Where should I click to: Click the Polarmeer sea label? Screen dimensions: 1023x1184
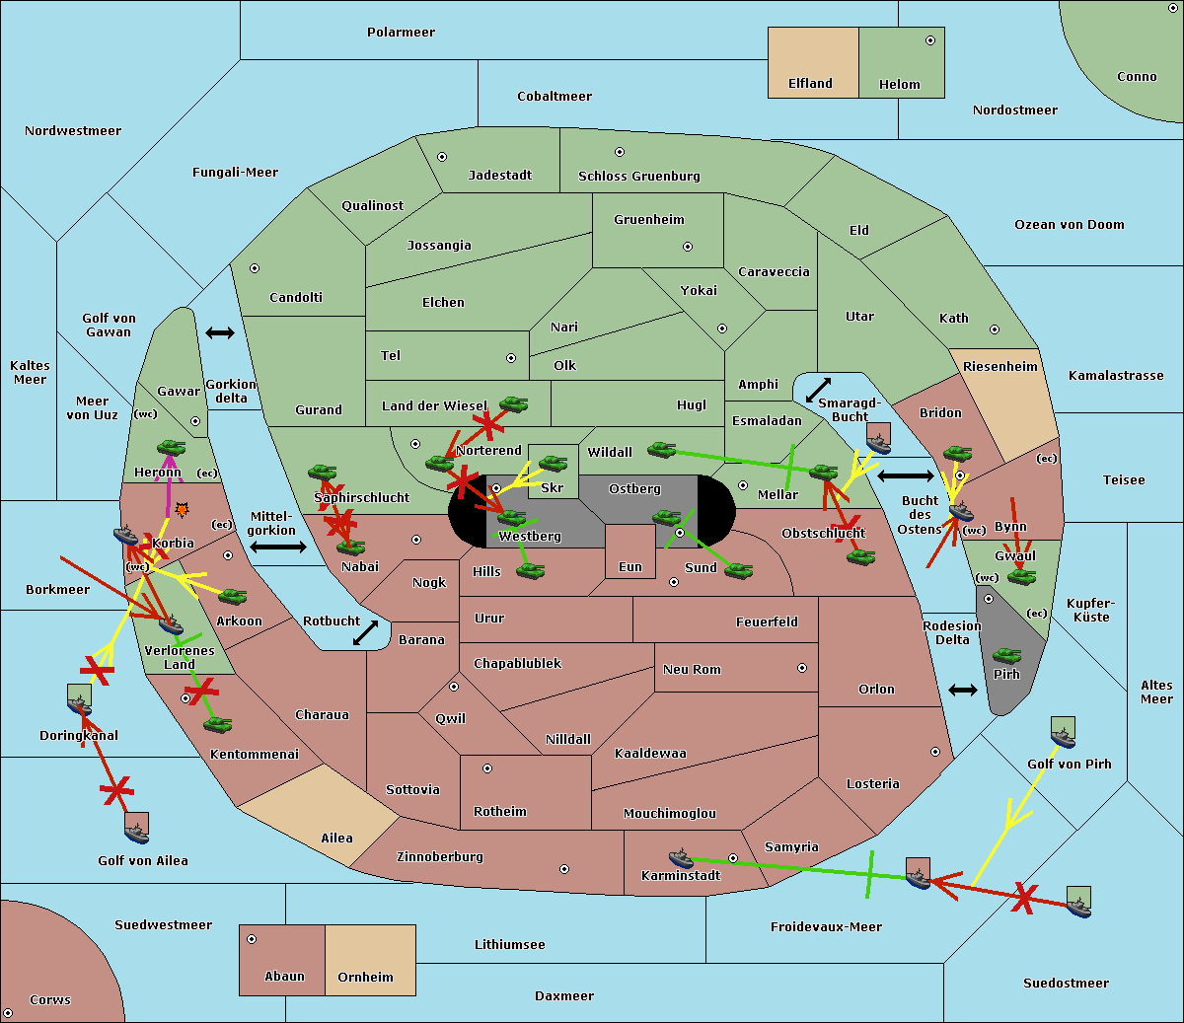[x=401, y=33]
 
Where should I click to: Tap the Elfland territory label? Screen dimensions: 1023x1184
[x=810, y=84]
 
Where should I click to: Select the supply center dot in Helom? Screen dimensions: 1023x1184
[x=929, y=40]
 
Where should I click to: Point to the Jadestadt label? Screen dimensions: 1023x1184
[x=499, y=176]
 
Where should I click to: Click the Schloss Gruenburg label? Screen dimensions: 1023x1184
[x=638, y=177]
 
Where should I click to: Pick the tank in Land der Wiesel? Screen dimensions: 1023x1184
[x=513, y=403]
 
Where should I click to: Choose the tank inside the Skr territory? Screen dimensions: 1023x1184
[x=553, y=463]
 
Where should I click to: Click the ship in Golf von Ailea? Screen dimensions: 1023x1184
[x=137, y=834]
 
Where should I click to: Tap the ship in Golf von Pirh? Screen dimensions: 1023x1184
[x=1063, y=736]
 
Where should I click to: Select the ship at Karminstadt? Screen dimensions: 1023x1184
[x=681, y=857]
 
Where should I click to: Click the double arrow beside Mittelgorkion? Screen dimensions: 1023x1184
[x=278, y=547]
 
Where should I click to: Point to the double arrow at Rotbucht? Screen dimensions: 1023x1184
[x=365, y=632]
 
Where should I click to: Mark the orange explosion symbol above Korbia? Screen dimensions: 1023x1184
[x=182, y=510]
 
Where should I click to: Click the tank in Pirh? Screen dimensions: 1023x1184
[x=1006, y=655]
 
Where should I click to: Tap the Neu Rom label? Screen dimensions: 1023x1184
[x=692, y=670]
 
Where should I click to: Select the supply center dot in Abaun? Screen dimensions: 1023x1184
[x=252, y=939]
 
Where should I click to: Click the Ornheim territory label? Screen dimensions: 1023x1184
[x=365, y=978]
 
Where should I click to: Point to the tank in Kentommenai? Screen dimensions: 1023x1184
[x=217, y=725]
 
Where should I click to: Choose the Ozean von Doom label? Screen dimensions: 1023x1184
[x=1069, y=225]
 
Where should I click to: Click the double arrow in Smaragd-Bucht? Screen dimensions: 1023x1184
[x=818, y=391]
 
